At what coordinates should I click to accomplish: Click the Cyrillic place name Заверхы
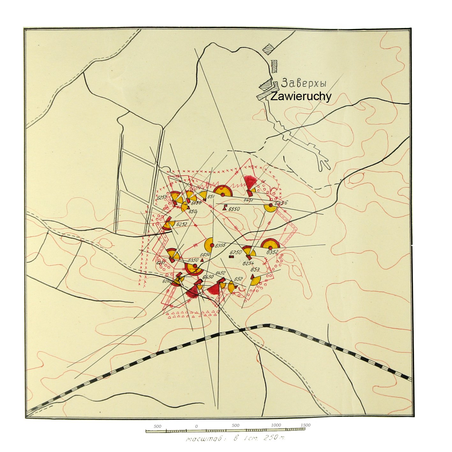coord(304,84)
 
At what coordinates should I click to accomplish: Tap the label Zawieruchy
coord(301,96)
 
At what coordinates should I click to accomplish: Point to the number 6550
coord(234,209)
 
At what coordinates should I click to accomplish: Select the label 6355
coord(220,246)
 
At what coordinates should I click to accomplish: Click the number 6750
coord(236,253)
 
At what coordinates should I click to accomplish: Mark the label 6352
coord(272,252)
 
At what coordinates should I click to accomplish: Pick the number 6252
coord(182,224)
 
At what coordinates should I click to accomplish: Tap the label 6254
coord(248,263)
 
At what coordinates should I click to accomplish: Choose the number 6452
coord(220,273)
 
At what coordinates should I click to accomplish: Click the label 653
coord(255,270)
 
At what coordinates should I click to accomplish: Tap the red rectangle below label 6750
coord(232,257)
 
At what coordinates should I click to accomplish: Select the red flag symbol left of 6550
coord(225,207)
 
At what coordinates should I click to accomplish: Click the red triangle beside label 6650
coord(202,260)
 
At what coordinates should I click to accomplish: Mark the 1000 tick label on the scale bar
coord(276,425)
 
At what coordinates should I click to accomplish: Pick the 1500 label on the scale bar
coord(305,425)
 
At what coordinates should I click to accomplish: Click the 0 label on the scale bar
coord(196,426)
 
